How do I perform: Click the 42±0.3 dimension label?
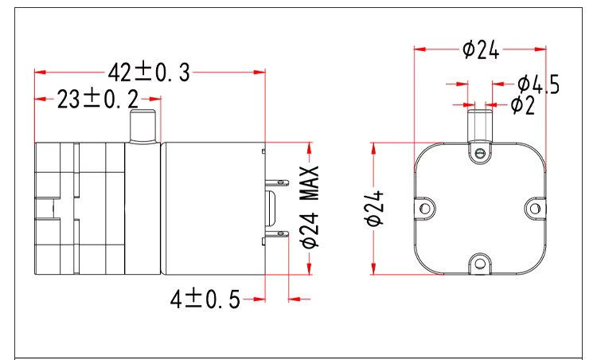(x=150, y=72)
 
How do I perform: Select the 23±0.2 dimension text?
(x=97, y=99)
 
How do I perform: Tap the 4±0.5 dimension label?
(x=205, y=299)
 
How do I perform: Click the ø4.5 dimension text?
(x=538, y=84)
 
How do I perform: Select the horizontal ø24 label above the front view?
(x=480, y=49)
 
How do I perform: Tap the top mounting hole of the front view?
(x=479, y=151)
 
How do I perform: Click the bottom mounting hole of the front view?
(x=479, y=263)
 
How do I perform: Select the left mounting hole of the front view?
(x=426, y=209)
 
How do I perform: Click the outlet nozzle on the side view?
(x=142, y=126)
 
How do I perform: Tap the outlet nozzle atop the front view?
(x=479, y=124)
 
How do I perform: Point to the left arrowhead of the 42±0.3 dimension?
(x=37, y=72)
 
